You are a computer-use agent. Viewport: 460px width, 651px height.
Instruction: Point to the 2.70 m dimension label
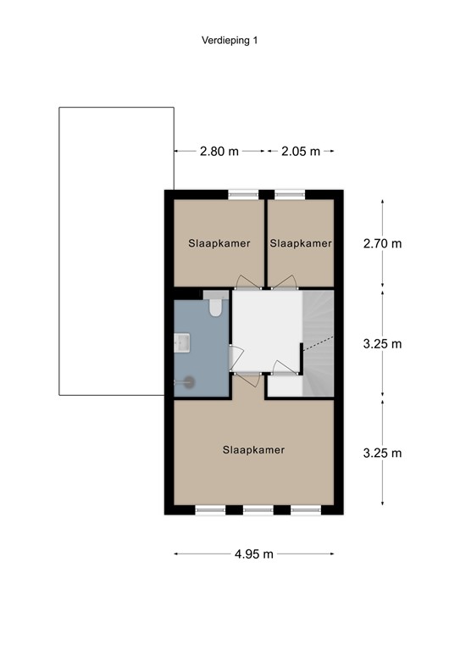tap(381, 243)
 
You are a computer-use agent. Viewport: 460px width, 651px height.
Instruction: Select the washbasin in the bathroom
tap(181, 342)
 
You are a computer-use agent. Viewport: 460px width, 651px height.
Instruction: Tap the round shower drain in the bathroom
tap(189, 381)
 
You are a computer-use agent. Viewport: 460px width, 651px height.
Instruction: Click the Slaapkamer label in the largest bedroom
tap(254, 450)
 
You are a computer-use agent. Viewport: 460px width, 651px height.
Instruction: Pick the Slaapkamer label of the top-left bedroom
tap(219, 243)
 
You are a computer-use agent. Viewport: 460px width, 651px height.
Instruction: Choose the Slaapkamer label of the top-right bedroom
tap(301, 243)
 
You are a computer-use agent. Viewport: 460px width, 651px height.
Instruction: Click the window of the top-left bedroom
tap(244, 194)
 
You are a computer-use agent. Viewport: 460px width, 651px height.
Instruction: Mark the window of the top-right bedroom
tap(289, 194)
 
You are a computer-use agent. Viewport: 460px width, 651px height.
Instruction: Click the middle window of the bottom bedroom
tap(258, 510)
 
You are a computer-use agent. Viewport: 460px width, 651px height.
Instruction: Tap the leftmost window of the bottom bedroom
tap(210, 510)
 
